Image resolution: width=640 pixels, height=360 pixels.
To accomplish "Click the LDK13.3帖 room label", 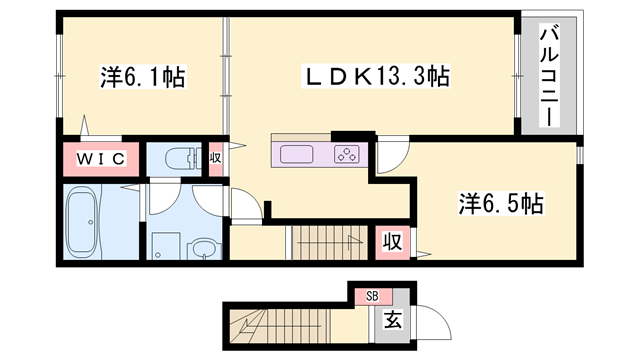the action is [376, 76].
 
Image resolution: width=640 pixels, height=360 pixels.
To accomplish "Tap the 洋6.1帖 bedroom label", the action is [142, 76].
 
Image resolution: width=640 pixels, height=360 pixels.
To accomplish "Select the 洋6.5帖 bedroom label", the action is [501, 203].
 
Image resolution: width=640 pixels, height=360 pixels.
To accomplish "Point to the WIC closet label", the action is [101, 159].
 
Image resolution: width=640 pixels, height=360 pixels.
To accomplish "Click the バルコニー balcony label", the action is [549, 76].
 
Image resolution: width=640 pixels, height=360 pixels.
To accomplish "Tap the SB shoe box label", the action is [372, 296].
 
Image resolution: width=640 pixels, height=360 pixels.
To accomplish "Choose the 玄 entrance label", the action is [393, 320].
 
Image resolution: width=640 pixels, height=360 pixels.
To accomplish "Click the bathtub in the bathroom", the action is [82, 222].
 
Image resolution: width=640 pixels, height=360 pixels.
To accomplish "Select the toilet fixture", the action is [183, 159].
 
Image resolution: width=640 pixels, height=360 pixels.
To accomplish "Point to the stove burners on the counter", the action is [347, 155].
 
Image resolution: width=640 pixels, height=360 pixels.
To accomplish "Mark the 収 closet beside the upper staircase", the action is [392, 242].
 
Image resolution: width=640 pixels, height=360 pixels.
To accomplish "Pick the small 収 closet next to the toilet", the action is [216, 158].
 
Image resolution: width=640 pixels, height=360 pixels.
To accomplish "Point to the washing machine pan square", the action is [166, 246].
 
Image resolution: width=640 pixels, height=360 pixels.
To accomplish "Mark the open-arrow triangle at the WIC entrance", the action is [84, 125].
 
